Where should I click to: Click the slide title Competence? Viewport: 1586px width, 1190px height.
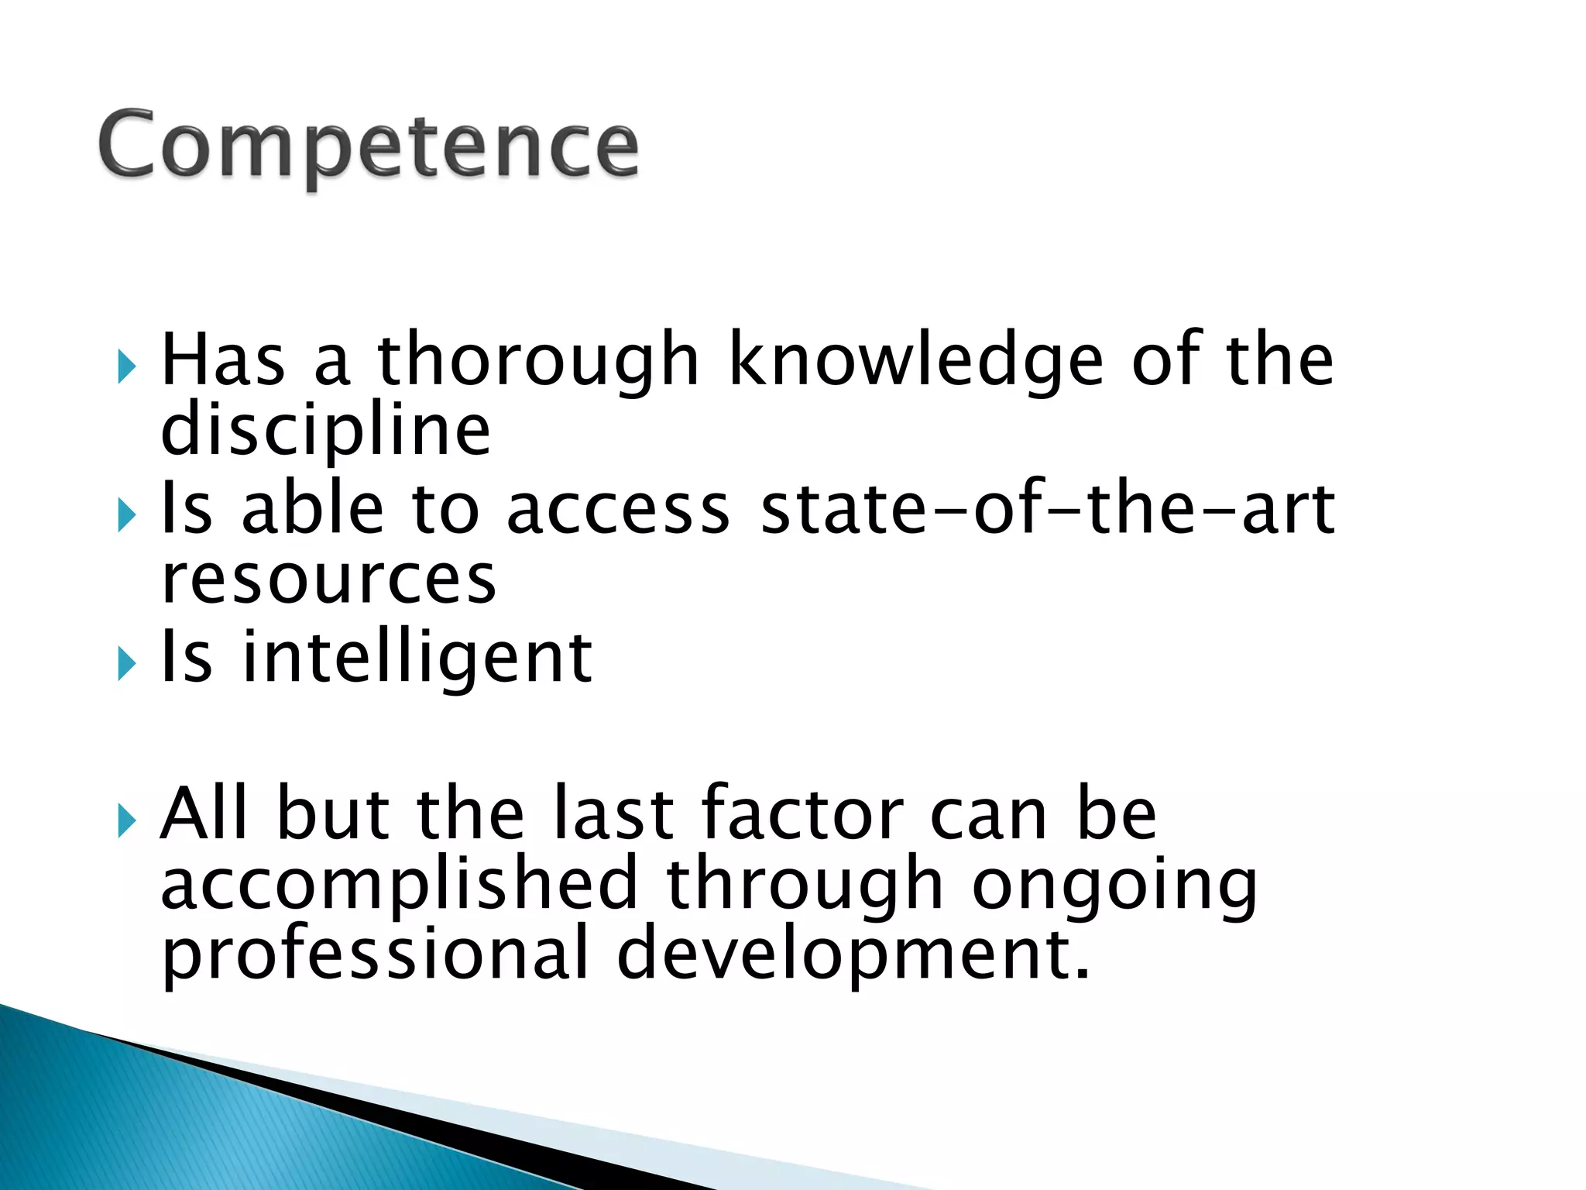click(369, 146)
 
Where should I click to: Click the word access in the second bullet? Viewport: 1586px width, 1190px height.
click(618, 509)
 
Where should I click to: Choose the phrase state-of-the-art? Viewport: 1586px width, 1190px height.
click(1048, 509)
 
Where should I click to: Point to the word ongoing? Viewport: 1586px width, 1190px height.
click(1114, 885)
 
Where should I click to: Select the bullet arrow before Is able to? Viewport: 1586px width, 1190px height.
click(126, 515)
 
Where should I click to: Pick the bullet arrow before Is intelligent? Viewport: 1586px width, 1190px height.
click(126, 664)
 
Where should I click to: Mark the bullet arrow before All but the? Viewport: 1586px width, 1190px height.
click(126, 820)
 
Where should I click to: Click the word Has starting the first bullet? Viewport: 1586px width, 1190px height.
click(223, 359)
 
